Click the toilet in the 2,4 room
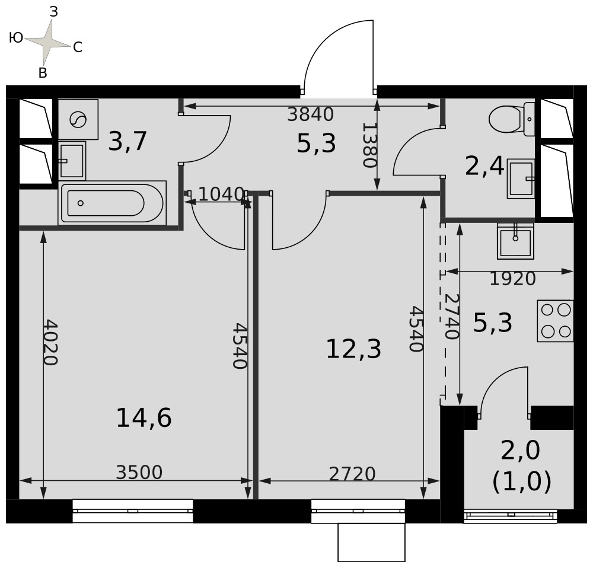[511, 119]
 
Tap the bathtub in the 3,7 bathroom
[112, 203]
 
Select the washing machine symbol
[78, 120]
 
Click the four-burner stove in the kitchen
[555, 321]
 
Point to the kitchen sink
[515, 241]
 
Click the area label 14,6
[144, 418]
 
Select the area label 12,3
[353, 349]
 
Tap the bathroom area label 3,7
[127, 141]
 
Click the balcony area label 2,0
[521, 450]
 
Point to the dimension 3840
[311, 114]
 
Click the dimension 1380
[369, 145]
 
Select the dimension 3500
[139, 473]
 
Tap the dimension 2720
[352, 474]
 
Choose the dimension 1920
[513, 279]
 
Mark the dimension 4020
[50, 343]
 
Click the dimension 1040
[221, 194]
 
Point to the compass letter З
[54, 12]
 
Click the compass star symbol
[47, 42]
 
